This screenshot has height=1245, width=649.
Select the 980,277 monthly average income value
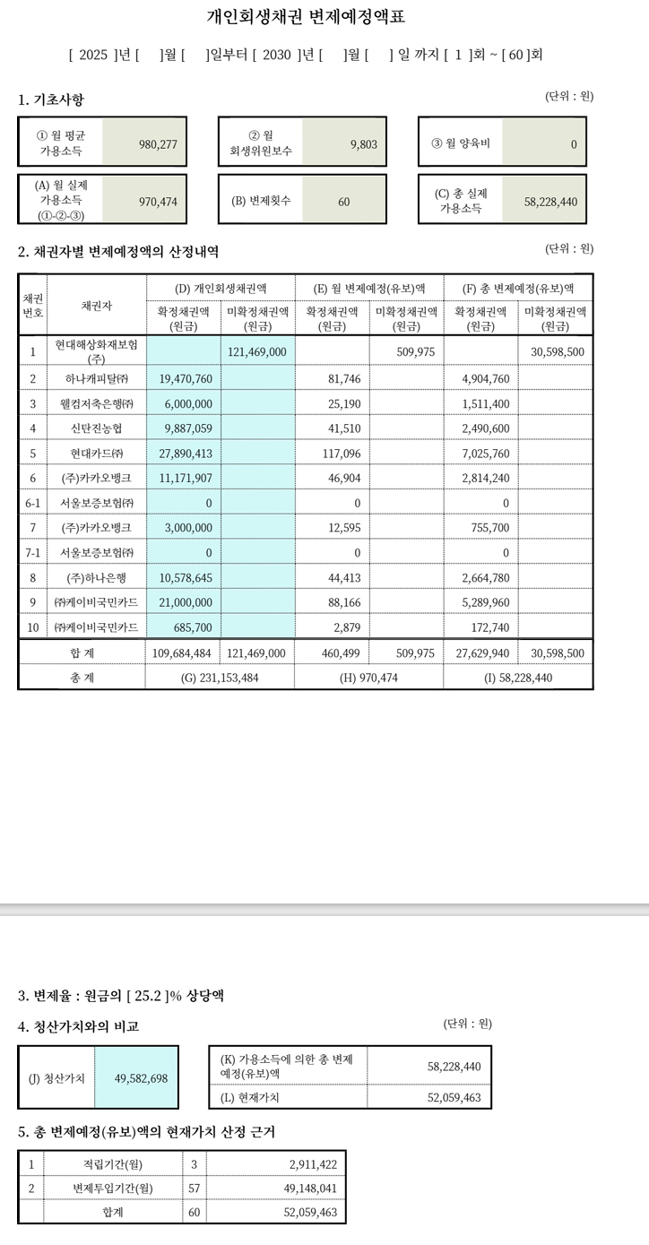click(x=159, y=143)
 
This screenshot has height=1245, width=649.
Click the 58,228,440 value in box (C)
click(x=550, y=202)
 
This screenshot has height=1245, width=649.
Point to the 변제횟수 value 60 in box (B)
click(x=343, y=202)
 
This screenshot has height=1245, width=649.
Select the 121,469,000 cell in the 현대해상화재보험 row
click(x=257, y=352)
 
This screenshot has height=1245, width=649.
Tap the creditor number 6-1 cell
click(x=32, y=503)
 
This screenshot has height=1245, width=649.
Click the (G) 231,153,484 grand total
click(x=220, y=678)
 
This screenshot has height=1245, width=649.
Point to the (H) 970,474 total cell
click(x=368, y=678)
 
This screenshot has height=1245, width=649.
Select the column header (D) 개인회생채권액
click(x=221, y=288)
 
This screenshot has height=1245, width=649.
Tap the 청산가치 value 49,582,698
click(x=141, y=1078)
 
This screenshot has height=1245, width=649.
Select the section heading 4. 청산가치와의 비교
click(x=79, y=1026)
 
